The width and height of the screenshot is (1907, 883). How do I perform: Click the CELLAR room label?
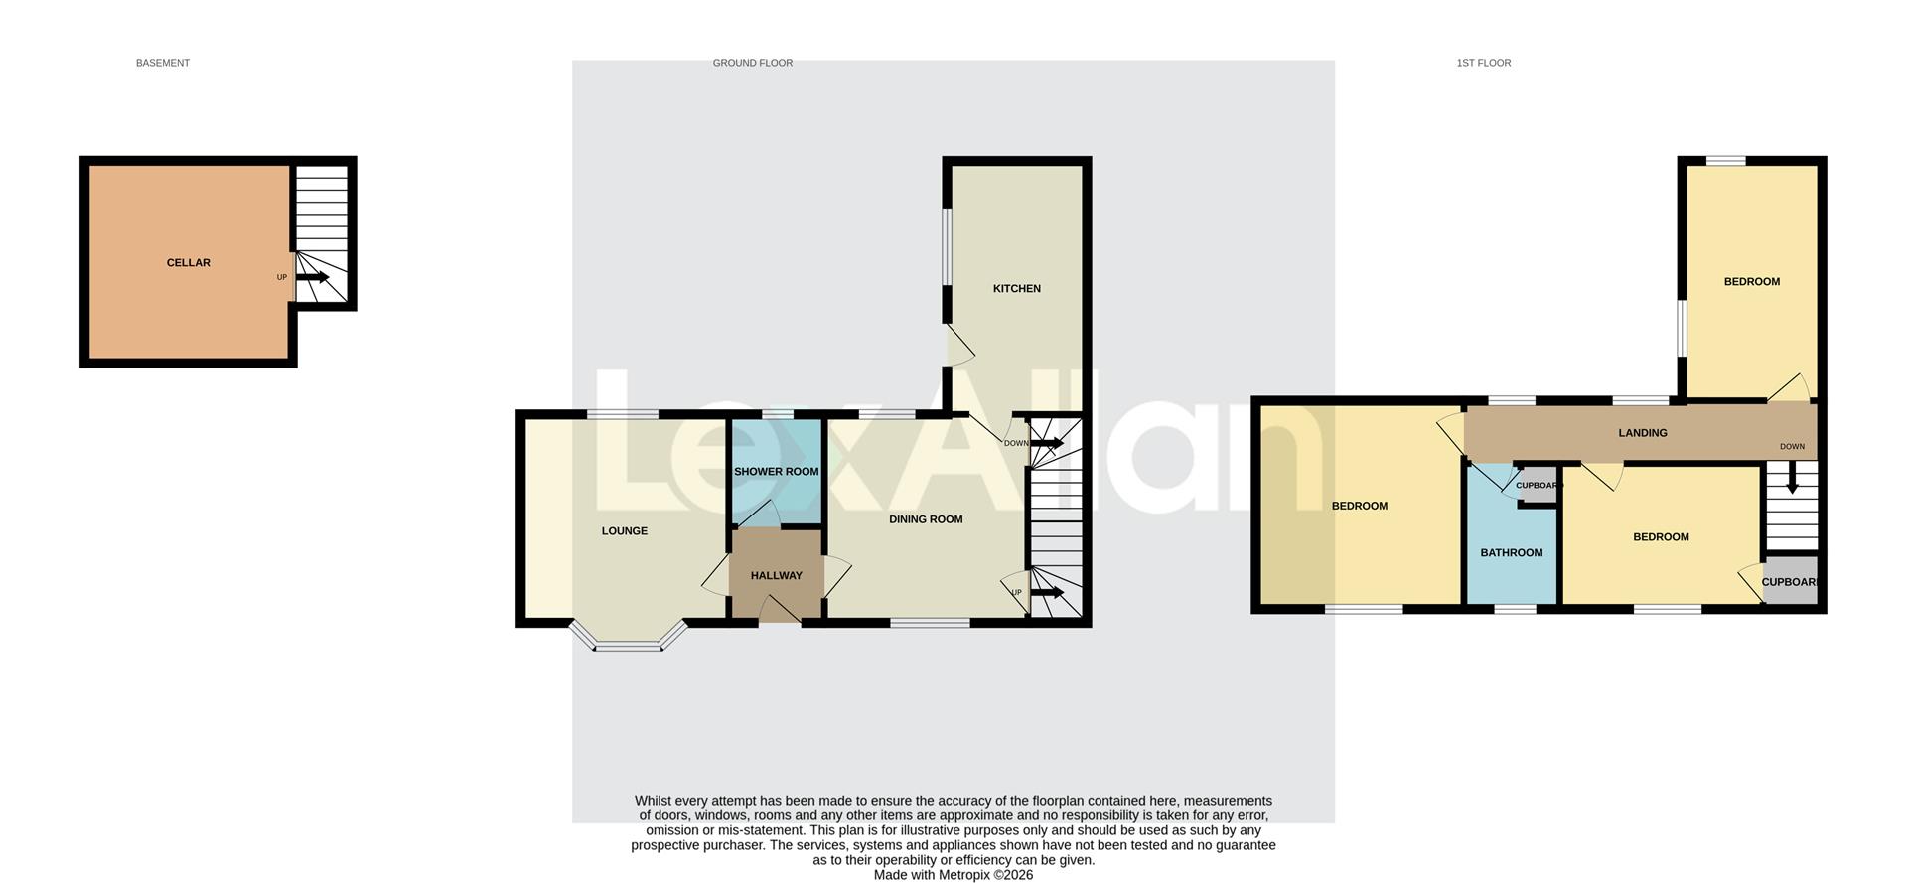click(x=188, y=263)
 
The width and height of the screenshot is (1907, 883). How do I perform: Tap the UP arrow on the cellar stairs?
click(x=312, y=277)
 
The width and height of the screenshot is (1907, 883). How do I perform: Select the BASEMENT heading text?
click(x=163, y=63)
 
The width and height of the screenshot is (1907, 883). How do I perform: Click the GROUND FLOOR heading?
click(x=752, y=63)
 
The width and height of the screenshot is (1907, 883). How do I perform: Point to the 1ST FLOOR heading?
click(x=1483, y=63)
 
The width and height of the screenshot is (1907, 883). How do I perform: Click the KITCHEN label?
click(x=1017, y=289)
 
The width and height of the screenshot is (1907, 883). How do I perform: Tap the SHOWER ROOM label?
click(x=776, y=472)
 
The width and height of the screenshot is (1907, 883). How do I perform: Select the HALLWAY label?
click(x=776, y=576)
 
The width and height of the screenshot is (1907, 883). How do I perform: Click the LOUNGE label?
click(x=625, y=531)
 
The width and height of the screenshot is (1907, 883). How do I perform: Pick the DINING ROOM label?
click(x=926, y=519)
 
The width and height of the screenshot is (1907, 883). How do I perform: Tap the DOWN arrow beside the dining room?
click(x=1047, y=443)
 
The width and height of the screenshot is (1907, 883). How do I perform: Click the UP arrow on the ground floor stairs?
click(x=1047, y=593)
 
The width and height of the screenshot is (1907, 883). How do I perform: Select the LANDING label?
click(x=1643, y=433)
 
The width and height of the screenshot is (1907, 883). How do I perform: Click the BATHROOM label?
click(x=1512, y=553)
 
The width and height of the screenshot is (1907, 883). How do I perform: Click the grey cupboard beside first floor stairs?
click(x=1791, y=582)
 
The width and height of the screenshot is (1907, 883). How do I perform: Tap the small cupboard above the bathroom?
click(x=1538, y=486)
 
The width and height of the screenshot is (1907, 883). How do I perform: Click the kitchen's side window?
click(x=948, y=245)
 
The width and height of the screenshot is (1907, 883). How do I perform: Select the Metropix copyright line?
click(x=953, y=875)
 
